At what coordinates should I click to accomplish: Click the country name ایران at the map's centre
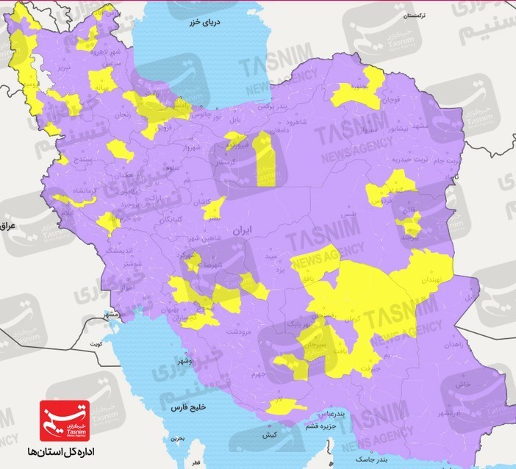point(241,230)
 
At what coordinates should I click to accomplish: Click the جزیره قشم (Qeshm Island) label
point(331,425)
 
